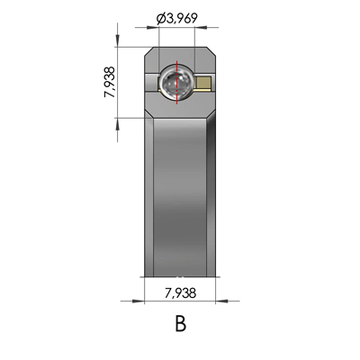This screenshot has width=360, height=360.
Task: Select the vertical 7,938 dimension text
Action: [109, 82]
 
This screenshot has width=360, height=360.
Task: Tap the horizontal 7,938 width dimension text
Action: [180, 292]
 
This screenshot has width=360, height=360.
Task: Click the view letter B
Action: [180, 323]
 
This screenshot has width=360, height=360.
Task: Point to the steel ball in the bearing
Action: [175, 84]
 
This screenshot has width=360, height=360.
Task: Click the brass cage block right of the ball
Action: [205, 85]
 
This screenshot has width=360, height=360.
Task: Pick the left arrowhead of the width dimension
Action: [147, 300]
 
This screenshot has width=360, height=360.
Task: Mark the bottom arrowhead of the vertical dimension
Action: [118, 115]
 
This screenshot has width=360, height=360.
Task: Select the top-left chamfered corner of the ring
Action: [148, 53]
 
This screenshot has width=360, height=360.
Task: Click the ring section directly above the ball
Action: [180, 56]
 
